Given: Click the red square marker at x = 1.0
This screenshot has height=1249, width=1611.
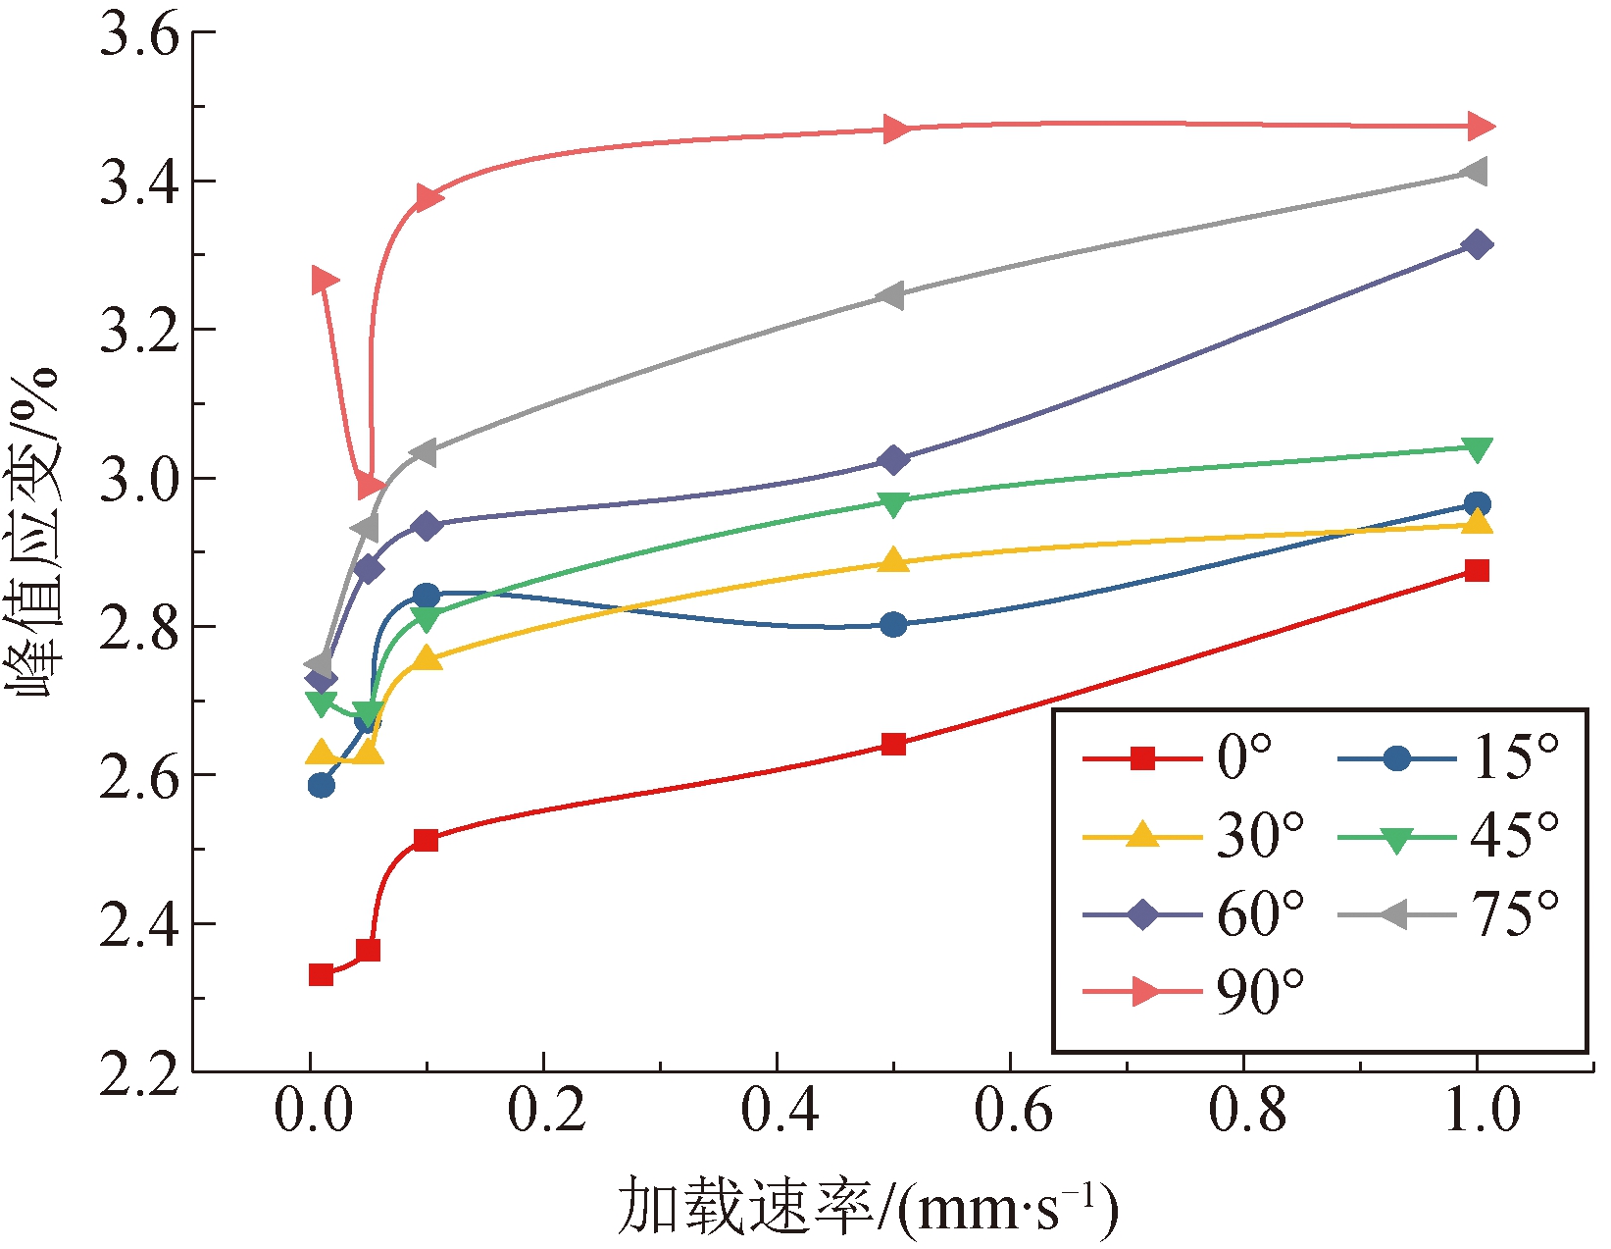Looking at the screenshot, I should tap(1477, 571).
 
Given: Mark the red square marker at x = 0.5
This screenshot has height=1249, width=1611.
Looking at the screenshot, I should tap(893, 744).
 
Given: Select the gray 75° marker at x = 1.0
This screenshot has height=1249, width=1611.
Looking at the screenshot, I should tap(1474, 172).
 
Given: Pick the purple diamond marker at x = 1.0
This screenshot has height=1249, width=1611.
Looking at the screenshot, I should tap(1477, 244).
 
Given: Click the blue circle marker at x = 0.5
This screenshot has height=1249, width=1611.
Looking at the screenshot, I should tap(893, 625).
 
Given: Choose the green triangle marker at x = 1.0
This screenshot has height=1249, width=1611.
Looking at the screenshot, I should tap(1477, 449).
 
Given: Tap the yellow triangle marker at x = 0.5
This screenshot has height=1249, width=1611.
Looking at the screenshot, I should tap(893, 561).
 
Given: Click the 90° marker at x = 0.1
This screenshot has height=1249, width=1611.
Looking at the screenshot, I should tap(428, 198).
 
